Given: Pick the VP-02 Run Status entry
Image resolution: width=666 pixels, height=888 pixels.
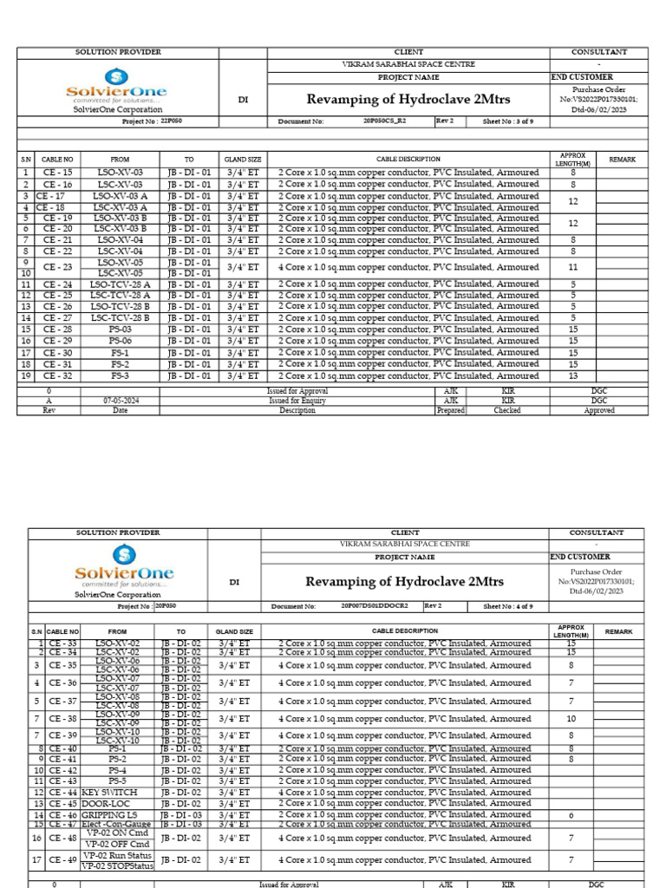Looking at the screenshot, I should (x=117, y=855).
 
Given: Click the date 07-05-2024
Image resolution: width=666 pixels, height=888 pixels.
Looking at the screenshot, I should (x=120, y=402).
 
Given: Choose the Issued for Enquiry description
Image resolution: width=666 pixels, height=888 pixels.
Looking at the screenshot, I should (x=297, y=402).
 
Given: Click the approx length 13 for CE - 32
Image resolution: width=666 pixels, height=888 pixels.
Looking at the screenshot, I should (x=572, y=376).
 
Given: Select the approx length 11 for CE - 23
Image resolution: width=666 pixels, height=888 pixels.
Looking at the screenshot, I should (x=572, y=268).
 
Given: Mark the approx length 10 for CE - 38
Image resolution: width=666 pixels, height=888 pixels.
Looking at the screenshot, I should (x=571, y=719).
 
